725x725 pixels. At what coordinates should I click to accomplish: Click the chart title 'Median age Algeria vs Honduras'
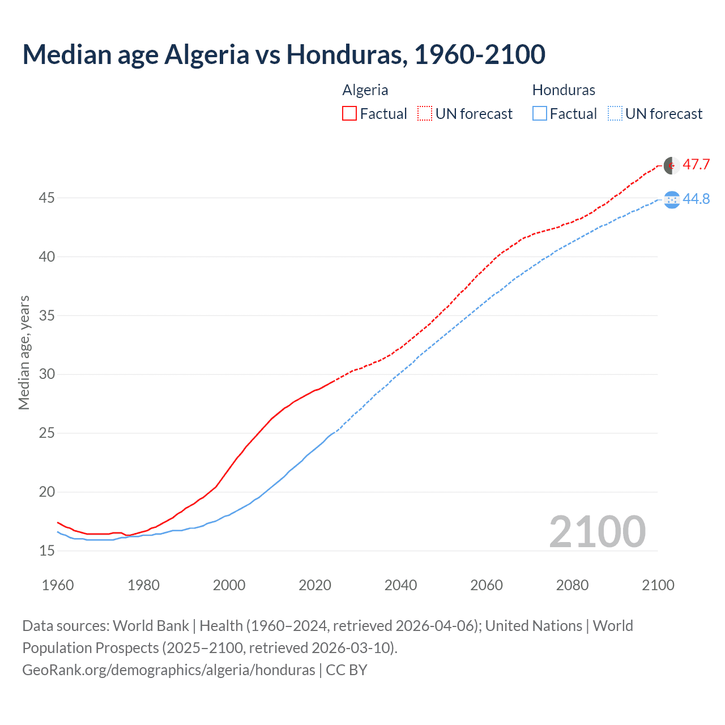(283, 54)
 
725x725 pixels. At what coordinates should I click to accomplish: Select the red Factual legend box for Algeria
(349, 113)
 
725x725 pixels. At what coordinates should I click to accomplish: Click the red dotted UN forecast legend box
(425, 113)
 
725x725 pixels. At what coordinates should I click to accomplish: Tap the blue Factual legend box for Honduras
(540, 113)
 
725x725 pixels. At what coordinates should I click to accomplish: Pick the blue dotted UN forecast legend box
(615, 113)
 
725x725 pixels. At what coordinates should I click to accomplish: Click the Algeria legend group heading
(365, 90)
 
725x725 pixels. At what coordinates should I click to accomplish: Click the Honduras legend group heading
(564, 90)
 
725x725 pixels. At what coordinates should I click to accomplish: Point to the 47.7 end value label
(696, 165)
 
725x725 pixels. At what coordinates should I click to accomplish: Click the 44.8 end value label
(696, 199)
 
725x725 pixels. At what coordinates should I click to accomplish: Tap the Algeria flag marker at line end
(672, 165)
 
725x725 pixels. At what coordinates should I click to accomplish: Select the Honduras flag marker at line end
(672, 199)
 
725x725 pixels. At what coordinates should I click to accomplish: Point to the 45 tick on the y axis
(46, 198)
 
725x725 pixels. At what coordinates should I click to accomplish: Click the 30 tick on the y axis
(46, 374)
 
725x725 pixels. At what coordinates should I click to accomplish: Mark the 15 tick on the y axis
(46, 551)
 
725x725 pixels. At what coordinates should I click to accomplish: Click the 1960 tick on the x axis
(58, 585)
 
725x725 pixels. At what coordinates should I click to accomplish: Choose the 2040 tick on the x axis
(400, 585)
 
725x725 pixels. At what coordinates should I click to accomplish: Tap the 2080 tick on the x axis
(572, 585)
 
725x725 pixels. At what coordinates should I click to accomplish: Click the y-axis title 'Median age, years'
(24, 352)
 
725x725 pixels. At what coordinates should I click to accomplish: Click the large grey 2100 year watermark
(597, 531)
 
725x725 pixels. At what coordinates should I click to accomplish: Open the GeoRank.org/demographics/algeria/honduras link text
(169, 670)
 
